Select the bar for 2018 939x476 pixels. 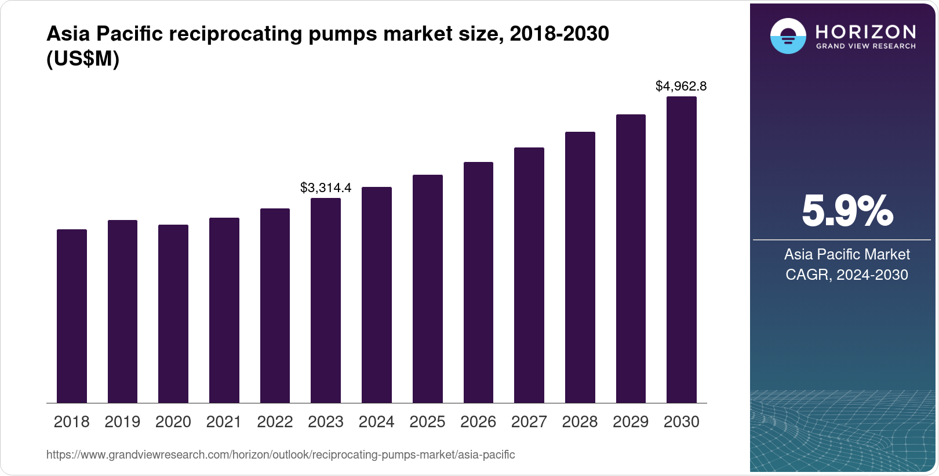point(71,316)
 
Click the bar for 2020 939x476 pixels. point(173,314)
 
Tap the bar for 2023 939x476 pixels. point(326,301)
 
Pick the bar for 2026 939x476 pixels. point(478,283)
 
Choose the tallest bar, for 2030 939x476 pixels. point(682,250)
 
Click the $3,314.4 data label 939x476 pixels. point(326,188)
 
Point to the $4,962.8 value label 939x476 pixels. point(681,86)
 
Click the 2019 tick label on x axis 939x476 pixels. point(122,422)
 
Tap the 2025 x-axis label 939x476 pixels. point(427,422)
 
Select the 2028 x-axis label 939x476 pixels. point(580,422)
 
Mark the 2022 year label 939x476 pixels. point(275,422)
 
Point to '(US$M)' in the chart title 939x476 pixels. point(83,59)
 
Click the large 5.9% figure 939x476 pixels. point(847,211)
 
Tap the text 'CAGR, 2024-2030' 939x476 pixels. point(847,275)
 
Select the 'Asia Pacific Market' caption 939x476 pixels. point(847,254)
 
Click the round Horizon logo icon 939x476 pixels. point(788,37)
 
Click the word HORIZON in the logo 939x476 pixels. point(866,31)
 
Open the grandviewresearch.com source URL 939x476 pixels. point(281,455)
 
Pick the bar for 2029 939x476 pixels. point(631,259)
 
